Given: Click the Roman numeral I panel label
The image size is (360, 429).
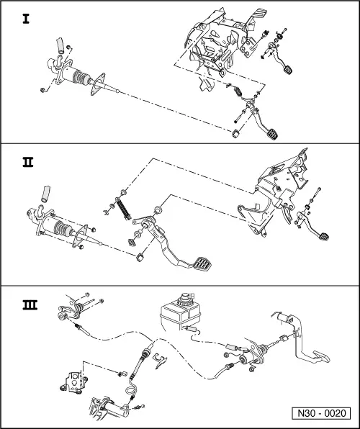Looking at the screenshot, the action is (26, 19).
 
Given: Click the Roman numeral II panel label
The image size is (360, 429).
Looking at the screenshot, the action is (27, 162).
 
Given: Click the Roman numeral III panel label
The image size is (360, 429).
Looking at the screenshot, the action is (30, 304).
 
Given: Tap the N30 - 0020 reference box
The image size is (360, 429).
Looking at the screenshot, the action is (321, 413).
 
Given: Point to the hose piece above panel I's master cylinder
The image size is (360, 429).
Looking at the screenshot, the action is (60, 45).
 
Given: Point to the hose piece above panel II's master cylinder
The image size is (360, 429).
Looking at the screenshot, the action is (45, 194).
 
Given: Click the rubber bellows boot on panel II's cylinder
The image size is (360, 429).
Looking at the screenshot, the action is (63, 228).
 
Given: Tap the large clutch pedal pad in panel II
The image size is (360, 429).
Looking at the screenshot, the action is (203, 263).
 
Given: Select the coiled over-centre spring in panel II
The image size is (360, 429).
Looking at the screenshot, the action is (123, 209).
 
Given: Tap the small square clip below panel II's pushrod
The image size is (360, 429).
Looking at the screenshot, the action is (140, 258).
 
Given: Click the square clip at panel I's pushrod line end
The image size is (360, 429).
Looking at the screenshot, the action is (235, 134).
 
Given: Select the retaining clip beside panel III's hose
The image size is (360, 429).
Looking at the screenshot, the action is (160, 361).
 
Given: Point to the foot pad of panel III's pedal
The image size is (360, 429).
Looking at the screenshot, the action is (321, 356).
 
